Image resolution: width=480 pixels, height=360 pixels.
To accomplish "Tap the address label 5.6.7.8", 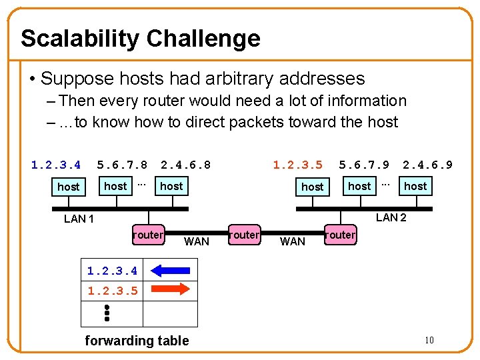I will (x=122, y=165).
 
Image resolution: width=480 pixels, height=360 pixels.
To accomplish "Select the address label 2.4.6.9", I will (x=427, y=165).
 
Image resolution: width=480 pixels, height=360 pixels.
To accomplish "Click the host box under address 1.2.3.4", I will (x=68, y=187).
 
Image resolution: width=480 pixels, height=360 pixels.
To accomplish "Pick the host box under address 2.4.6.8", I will (x=171, y=186).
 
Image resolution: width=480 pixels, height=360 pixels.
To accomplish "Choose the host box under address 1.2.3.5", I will (x=312, y=187).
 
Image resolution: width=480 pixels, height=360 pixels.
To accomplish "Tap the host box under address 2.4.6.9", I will (x=415, y=186).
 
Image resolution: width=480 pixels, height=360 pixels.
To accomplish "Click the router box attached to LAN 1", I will (x=148, y=235).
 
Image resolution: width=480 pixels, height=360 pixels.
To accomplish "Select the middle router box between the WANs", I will (x=244, y=235).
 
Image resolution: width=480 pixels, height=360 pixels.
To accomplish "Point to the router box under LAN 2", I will (x=341, y=235).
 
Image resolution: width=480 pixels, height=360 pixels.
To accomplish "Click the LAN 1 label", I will (x=79, y=219).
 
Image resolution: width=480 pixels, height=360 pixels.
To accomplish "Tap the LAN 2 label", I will (x=391, y=217).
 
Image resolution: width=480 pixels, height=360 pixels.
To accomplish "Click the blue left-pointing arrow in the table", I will (x=171, y=271).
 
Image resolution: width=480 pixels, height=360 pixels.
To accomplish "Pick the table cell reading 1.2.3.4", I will (x=112, y=271).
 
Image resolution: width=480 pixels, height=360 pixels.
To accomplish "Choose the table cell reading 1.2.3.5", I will (x=112, y=291).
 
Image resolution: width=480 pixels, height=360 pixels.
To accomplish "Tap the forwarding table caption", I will (x=137, y=341).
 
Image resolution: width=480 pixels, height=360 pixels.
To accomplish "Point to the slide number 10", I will (x=429, y=341).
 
